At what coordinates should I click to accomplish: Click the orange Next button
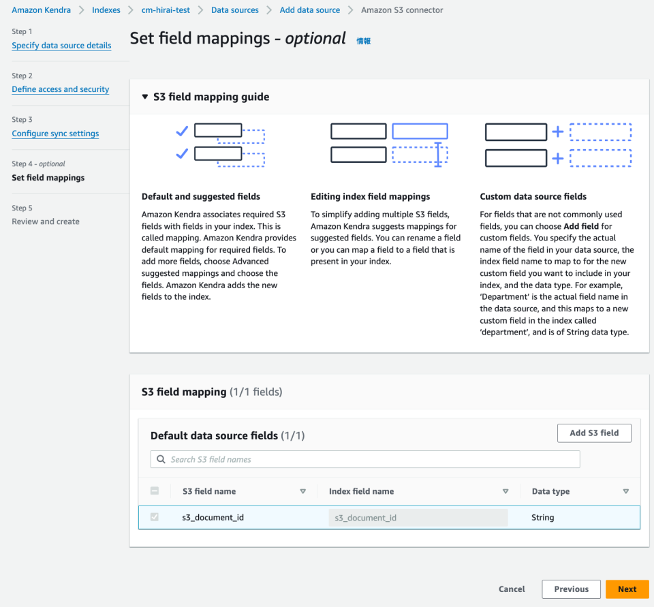(x=627, y=589)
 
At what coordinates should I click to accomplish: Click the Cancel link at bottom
(x=512, y=589)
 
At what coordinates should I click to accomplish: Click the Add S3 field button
(x=594, y=433)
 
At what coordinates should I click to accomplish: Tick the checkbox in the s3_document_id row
(x=155, y=517)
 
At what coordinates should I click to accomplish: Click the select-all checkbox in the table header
(x=155, y=491)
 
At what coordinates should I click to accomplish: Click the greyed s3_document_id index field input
(x=418, y=518)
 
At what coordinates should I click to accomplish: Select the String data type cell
(x=543, y=518)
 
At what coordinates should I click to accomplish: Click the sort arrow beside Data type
(x=625, y=491)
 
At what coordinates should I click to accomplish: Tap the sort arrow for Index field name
(x=505, y=491)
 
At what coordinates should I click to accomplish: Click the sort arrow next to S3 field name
(x=303, y=491)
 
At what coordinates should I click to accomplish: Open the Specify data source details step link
(x=61, y=46)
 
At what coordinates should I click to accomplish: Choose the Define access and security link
(x=61, y=89)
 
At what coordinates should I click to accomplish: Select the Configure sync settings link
(x=55, y=134)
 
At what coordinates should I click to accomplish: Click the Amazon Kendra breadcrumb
(x=41, y=10)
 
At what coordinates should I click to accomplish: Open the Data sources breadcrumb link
(x=235, y=10)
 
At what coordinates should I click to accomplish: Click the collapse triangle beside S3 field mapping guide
(x=144, y=97)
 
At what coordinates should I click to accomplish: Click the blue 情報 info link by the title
(x=364, y=41)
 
